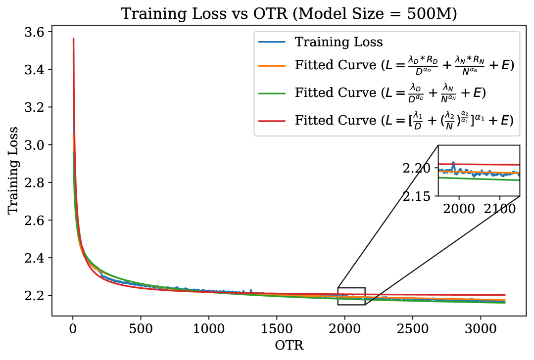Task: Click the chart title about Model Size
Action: pyautogui.click(x=289, y=13)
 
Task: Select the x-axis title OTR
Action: pyautogui.click(x=289, y=345)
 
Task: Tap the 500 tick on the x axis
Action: pyautogui.click(x=141, y=329)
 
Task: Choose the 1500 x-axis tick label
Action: pyautogui.click(x=276, y=329)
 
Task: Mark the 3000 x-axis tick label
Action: pyautogui.click(x=480, y=329)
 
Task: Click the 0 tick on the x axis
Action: pyautogui.click(x=73, y=329)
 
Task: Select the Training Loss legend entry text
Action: pyautogui.click(x=339, y=42)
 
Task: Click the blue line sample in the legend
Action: pyautogui.click(x=272, y=42)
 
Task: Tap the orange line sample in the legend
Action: pyautogui.click(x=272, y=65)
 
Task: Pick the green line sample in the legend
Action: pyautogui.click(x=272, y=92)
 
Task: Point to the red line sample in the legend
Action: pyautogui.click(x=272, y=120)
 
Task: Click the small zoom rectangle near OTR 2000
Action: pyautogui.click(x=351, y=296)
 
